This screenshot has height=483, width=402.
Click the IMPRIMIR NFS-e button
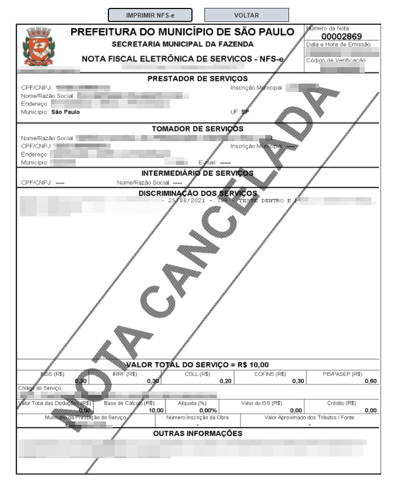[150, 15]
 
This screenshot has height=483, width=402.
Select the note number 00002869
[342, 37]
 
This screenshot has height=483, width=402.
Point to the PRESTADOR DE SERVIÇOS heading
[197, 79]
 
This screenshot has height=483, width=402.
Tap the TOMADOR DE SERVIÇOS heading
[198, 129]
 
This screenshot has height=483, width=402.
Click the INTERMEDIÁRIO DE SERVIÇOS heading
[197, 173]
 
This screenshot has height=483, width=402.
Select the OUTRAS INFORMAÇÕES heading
[198, 433]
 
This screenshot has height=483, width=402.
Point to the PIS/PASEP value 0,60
[371, 381]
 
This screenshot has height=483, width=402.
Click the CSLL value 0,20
[225, 381]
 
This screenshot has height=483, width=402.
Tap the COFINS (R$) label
[270, 374]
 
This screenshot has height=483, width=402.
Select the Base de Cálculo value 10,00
[156, 411]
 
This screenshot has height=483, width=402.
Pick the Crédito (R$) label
[342, 403]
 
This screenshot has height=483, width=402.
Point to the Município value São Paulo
[65, 112]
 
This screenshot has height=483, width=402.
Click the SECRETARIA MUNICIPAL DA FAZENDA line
[182, 44]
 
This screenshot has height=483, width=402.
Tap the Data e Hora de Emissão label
[338, 44]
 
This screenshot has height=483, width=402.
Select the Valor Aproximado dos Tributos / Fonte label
[309, 417]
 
